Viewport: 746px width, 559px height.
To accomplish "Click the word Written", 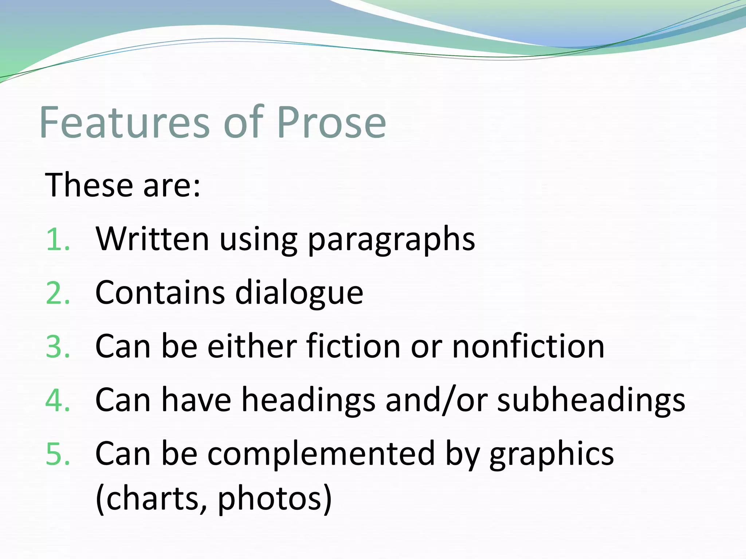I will pyautogui.click(x=152, y=239).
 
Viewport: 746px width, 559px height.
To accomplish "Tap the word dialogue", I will pyautogui.click(x=299, y=293).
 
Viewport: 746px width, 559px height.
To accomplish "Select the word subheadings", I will pyautogui.click(x=591, y=400).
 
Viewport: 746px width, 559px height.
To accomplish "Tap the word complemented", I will pyautogui.click(x=321, y=454).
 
